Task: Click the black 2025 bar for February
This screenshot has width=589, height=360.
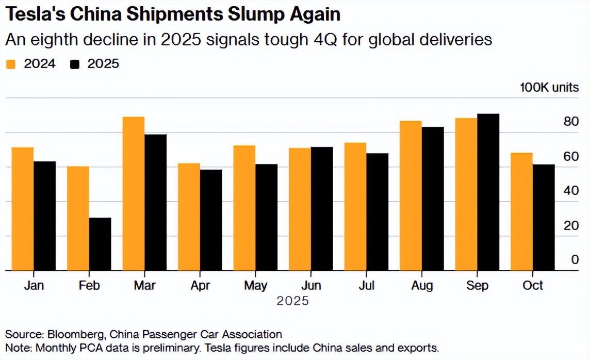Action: tap(100, 244)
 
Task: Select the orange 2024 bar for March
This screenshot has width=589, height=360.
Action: tap(134, 193)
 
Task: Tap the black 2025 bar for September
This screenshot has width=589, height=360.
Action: tap(488, 192)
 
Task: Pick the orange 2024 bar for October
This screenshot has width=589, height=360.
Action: tap(521, 211)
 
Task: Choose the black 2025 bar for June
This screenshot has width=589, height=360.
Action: tap(322, 208)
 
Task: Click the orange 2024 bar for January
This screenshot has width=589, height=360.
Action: tap(23, 209)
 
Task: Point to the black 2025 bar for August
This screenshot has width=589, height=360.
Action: tap(433, 199)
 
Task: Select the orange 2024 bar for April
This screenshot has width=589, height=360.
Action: tap(189, 217)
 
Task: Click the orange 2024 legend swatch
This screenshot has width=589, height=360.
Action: tap(11, 64)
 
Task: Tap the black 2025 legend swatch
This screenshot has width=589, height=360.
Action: tap(75, 64)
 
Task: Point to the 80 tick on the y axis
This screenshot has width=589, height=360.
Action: tap(571, 122)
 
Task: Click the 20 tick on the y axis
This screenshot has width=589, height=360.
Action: tap(571, 225)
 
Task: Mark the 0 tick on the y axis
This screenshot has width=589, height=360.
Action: tap(575, 260)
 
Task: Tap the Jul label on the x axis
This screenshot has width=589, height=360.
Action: tap(366, 285)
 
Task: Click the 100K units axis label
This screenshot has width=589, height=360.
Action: tap(549, 87)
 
